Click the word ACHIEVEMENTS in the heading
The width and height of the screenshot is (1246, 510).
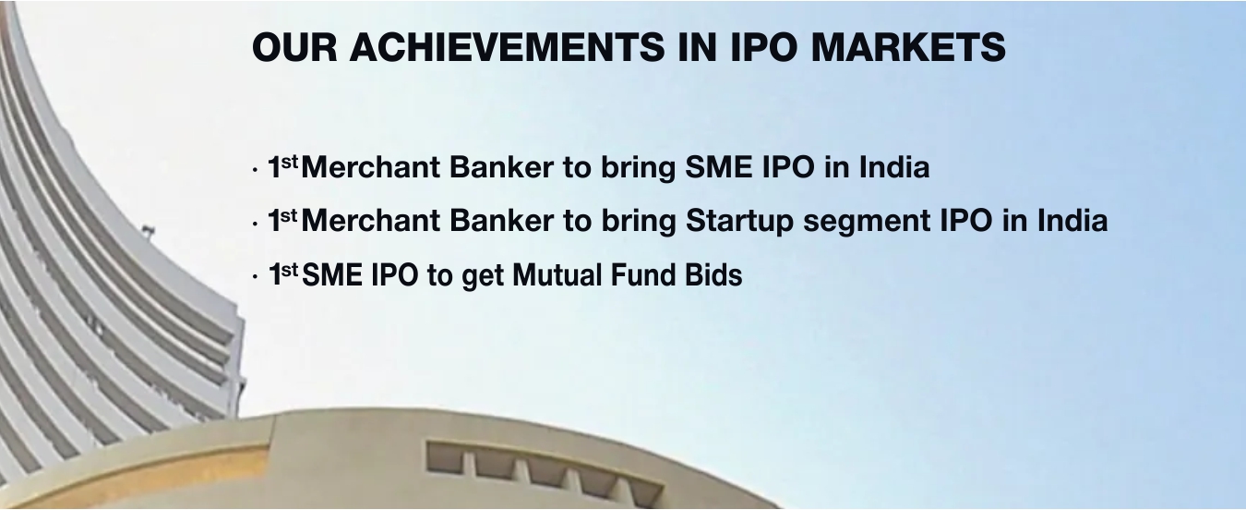[x=507, y=47]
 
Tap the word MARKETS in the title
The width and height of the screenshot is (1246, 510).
[x=908, y=47]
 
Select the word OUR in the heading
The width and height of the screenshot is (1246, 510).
[x=294, y=47]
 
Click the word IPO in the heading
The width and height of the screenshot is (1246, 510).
[x=763, y=47]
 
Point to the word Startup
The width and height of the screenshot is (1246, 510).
[x=739, y=222]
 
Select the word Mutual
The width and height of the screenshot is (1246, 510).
[x=557, y=274]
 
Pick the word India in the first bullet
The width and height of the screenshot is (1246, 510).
[x=894, y=167]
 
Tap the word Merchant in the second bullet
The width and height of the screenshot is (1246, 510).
[x=370, y=221]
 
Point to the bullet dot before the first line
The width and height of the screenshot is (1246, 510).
[x=255, y=169]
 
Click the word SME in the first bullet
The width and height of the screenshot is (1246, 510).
[x=719, y=167]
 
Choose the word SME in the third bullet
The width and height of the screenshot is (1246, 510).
[x=332, y=274]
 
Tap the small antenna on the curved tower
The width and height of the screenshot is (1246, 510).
[x=147, y=230]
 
